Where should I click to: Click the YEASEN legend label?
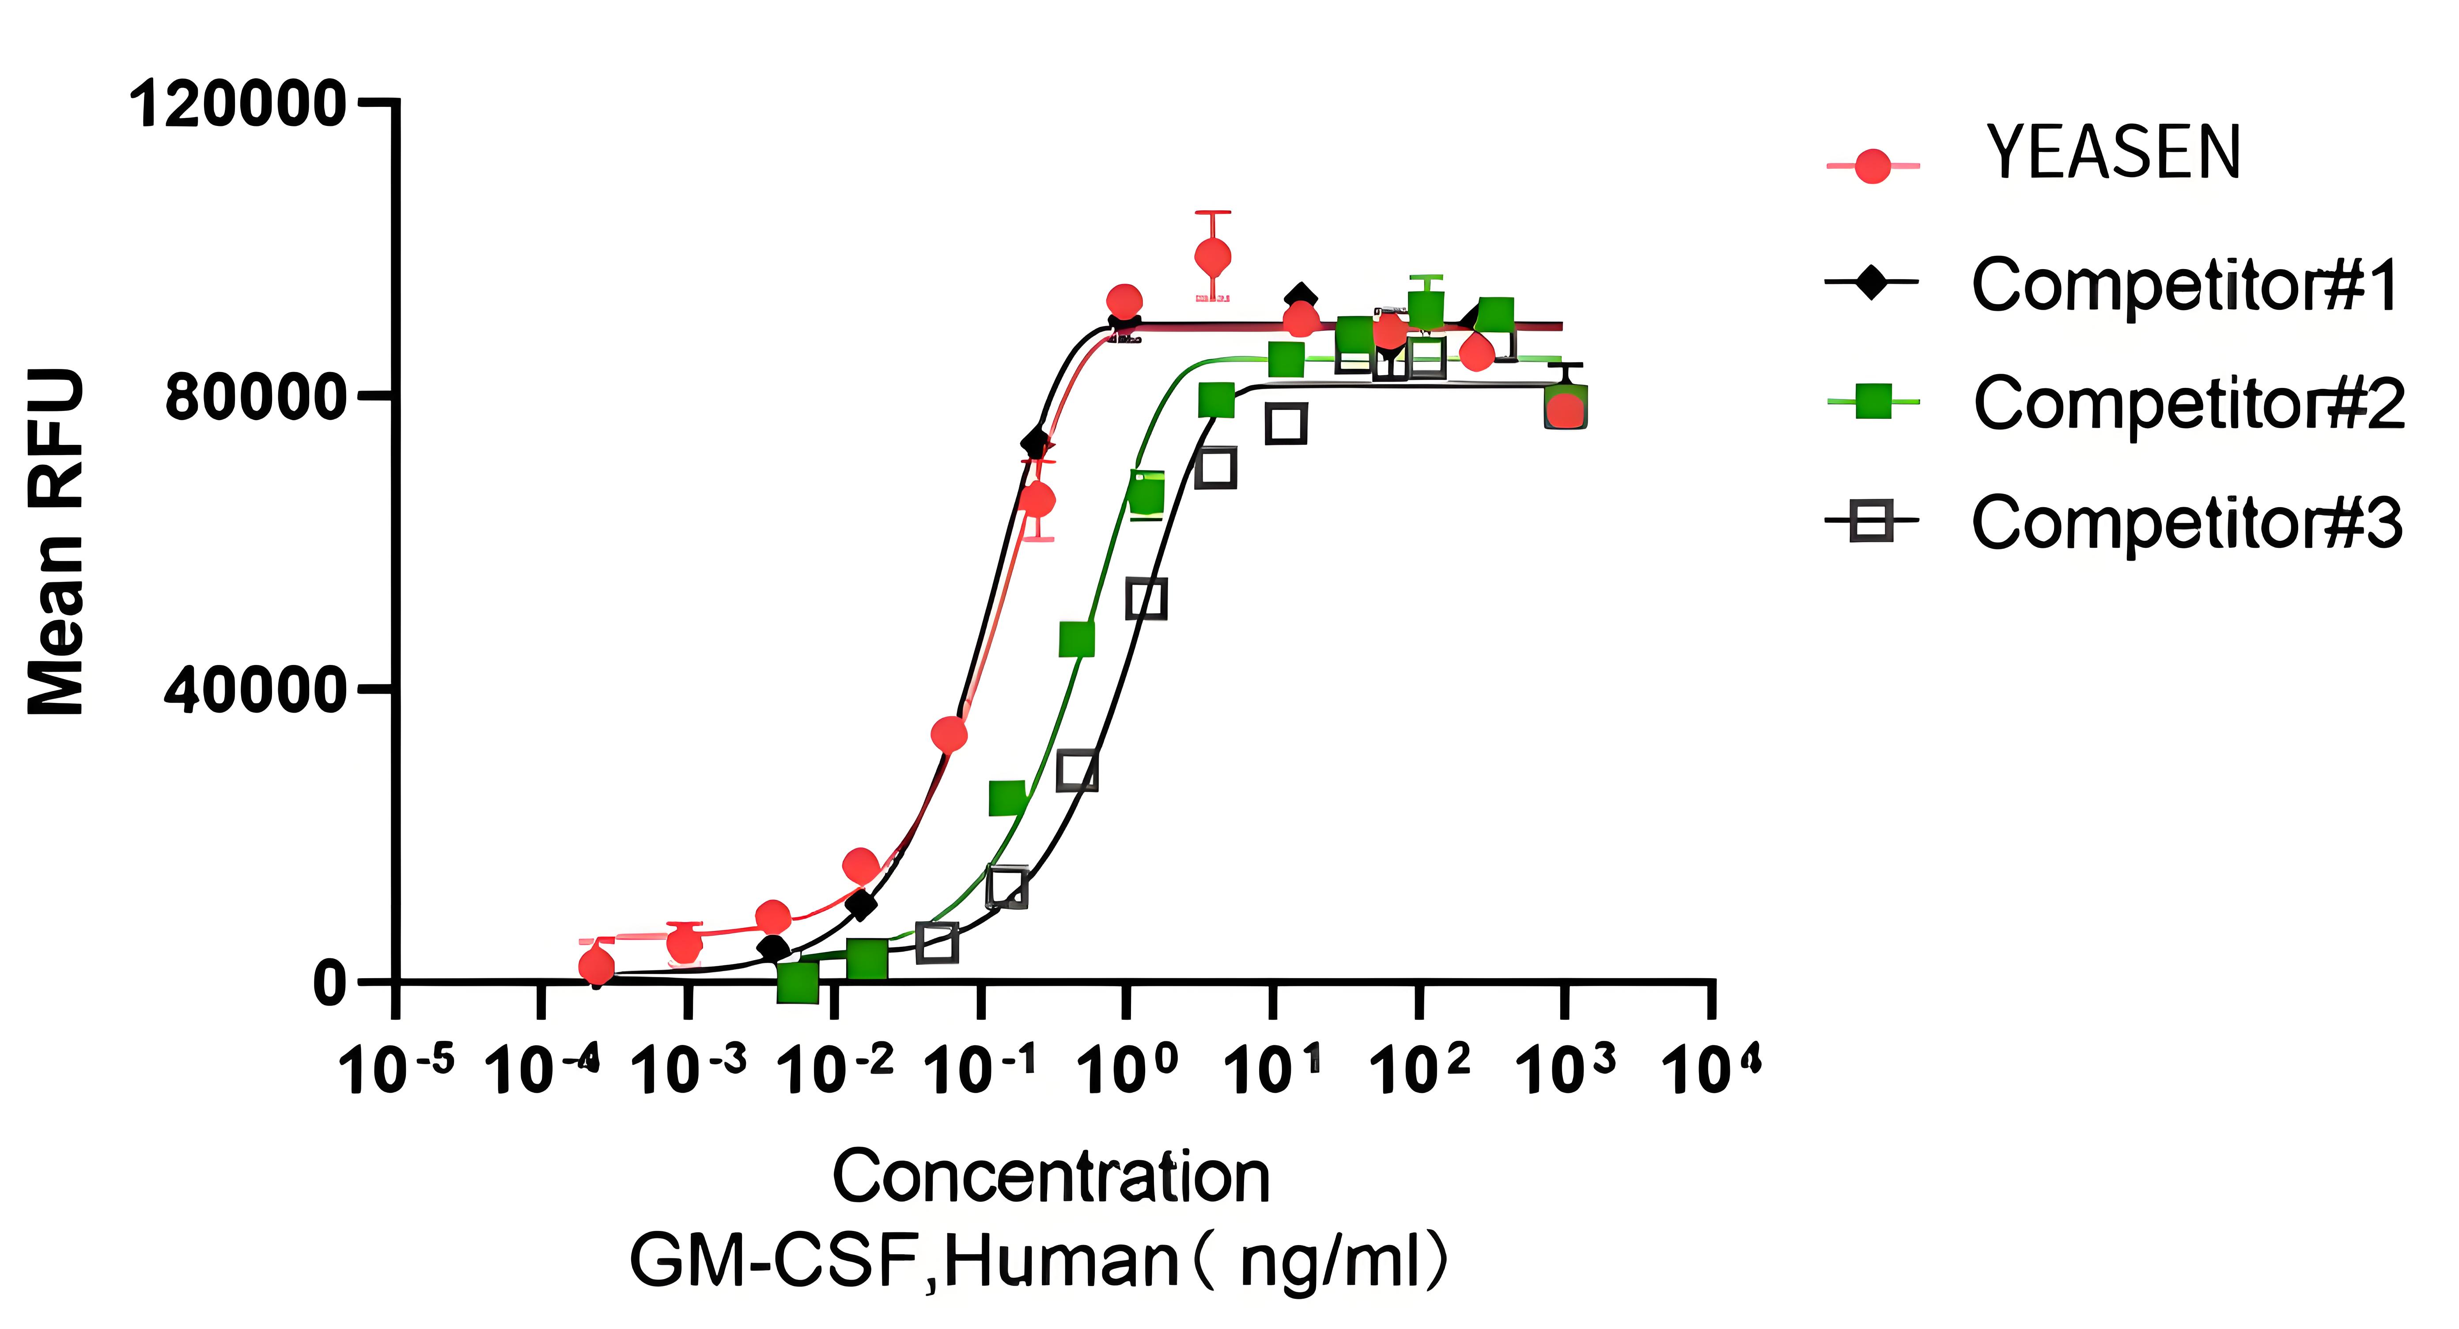click(2112, 154)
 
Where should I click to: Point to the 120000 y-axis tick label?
click(237, 103)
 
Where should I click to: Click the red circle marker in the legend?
click(1873, 166)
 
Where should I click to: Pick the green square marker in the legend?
click(1873, 402)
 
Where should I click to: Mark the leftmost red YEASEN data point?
click(597, 966)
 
